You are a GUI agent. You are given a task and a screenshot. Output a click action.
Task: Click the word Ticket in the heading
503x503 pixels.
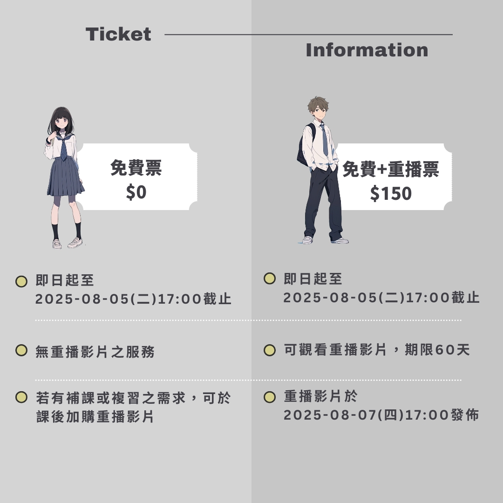click(118, 34)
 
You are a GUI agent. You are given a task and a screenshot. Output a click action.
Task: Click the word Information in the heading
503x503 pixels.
click(367, 50)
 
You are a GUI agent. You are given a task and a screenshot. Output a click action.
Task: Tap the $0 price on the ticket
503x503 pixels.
click(136, 192)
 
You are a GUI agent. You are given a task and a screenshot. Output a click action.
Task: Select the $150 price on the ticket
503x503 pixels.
click(391, 193)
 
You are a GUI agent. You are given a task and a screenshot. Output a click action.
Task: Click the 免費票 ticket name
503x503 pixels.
click(136, 168)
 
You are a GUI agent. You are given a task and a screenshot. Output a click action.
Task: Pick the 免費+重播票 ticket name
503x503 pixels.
click(390, 169)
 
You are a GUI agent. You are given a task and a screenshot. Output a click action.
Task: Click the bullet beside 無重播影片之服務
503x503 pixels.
click(21, 350)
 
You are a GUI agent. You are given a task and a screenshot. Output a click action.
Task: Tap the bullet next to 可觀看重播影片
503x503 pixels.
click(270, 350)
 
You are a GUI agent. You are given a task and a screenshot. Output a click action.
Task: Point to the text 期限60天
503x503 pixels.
click(437, 350)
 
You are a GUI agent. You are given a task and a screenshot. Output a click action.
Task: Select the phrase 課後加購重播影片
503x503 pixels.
click(95, 417)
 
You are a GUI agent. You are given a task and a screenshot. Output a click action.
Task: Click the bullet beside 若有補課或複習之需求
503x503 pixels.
click(21, 397)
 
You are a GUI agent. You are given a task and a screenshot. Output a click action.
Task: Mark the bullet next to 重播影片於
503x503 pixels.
click(270, 397)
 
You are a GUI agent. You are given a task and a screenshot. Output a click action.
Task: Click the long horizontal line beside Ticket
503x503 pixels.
click(308, 34)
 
